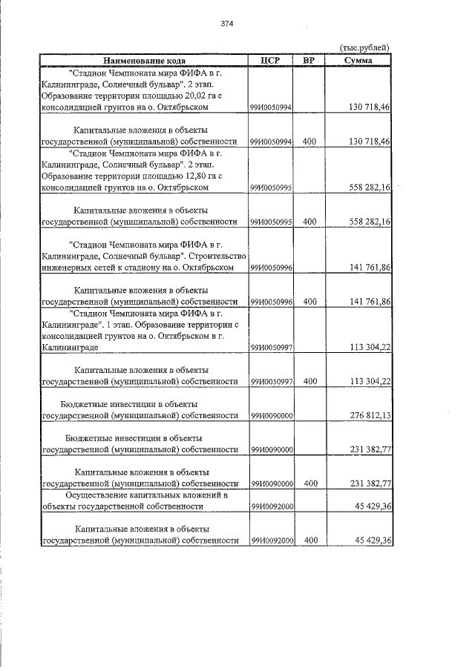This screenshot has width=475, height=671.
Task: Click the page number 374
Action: [227, 24]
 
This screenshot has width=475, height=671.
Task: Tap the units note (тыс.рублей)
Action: [364, 47]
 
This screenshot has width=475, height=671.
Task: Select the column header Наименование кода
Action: [144, 60]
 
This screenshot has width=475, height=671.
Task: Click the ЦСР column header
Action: [270, 60]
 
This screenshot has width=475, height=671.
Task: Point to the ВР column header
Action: [310, 60]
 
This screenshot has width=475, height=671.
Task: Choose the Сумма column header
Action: [359, 60]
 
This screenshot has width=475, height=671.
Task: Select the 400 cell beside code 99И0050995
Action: [310, 222]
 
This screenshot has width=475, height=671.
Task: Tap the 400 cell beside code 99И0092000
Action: [310, 541]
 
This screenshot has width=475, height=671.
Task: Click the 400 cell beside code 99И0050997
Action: [310, 381]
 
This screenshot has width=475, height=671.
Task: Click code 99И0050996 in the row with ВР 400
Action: [270, 302]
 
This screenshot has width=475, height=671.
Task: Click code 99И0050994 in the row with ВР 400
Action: [270, 141]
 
